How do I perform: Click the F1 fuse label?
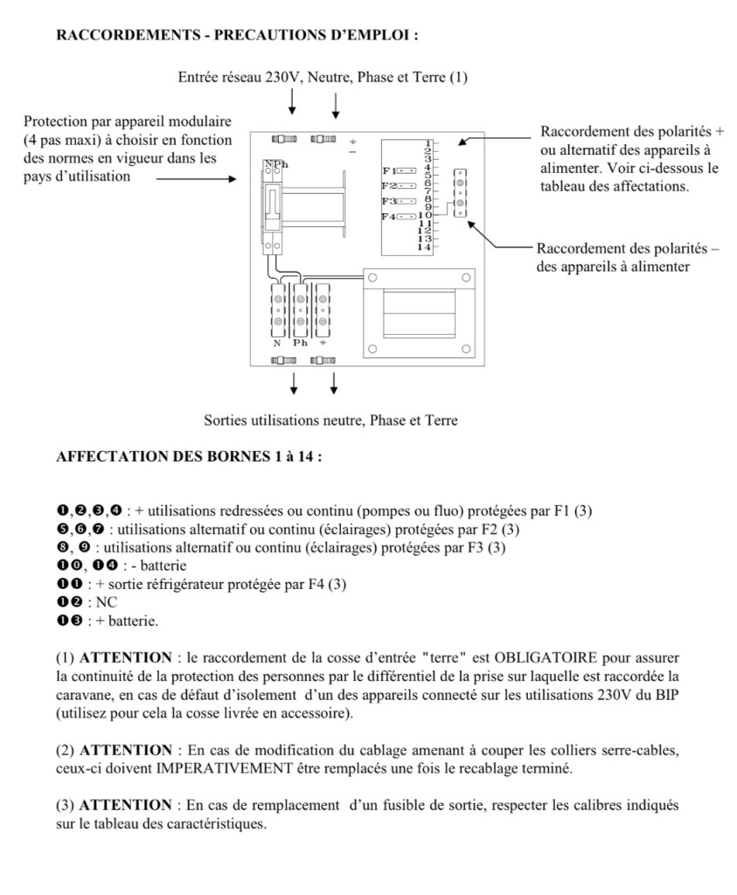click(x=389, y=170)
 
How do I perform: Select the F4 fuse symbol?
click(x=407, y=217)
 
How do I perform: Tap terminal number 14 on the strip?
click(x=424, y=247)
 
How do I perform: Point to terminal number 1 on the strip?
click(x=428, y=142)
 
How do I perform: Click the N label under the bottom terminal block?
click(x=277, y=343)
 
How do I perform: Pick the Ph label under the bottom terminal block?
click(x=300, y=343)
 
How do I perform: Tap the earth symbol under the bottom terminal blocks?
click(x=323, y=343)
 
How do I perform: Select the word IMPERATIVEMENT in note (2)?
click(x=225, y=768)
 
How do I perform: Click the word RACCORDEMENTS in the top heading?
click(x=129, y=35)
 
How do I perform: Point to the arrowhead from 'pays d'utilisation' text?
click(x=232, y=179)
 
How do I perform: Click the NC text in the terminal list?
click(x=106, y=602)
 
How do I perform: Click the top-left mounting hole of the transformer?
click(x=372, y=277)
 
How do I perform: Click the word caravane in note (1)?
click(x=80, y=695)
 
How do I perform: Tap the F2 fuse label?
click(x=389, y=186)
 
